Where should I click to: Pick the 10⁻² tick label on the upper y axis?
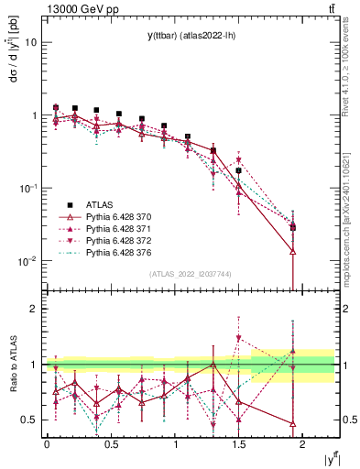(27, 261)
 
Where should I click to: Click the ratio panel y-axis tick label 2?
(34, 309)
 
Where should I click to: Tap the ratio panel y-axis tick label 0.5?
(29, 420)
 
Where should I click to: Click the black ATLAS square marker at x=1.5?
(239, 170)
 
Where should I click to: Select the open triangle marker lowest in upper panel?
(292, 251)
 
